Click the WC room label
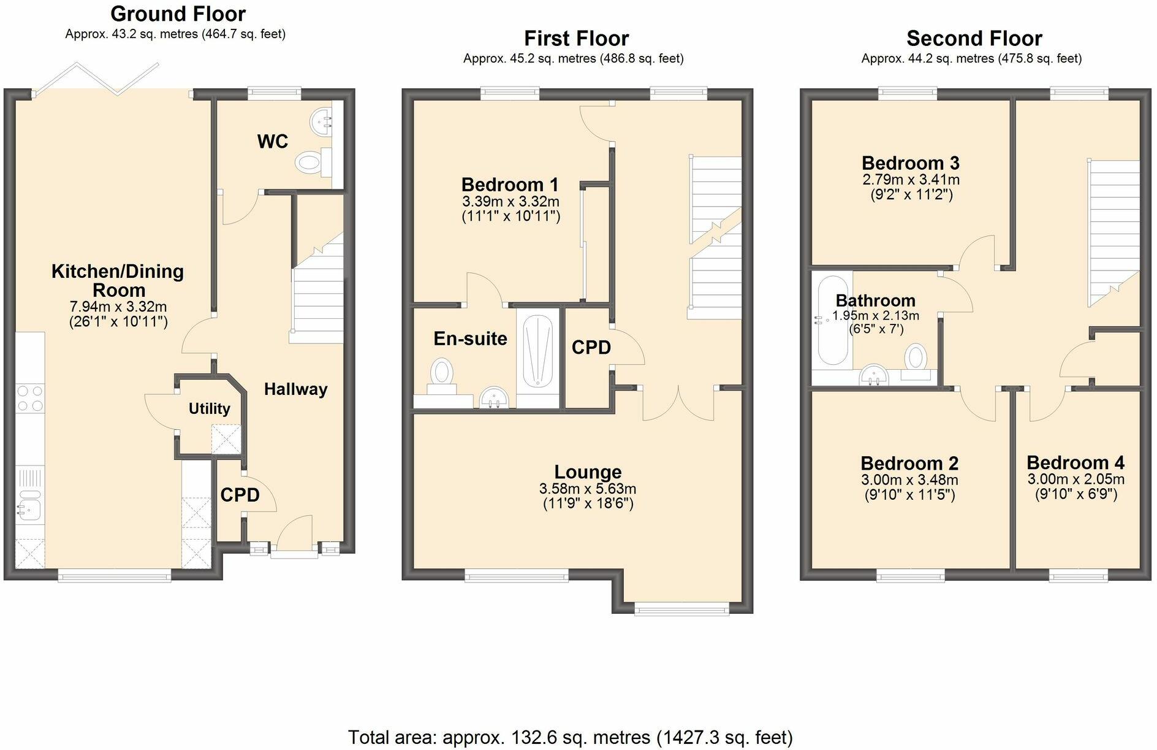273,142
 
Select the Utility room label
210,408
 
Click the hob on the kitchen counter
30,398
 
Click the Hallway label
296,389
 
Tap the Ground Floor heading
178,13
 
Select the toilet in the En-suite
442,377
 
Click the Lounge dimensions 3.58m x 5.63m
588,489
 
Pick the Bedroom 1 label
510,185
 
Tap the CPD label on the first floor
591,348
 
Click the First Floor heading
577,39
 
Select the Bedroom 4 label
1075,462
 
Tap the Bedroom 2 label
909,464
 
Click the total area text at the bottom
571,737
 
